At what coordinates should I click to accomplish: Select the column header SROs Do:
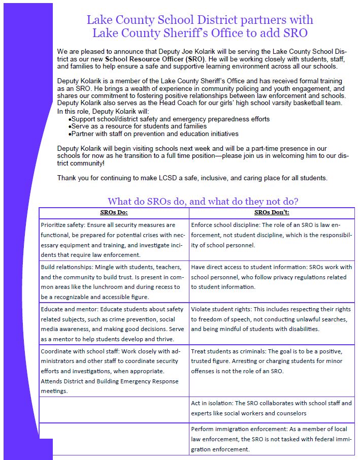click(x=114, y=212)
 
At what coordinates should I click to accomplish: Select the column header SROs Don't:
click(x=272, y=212)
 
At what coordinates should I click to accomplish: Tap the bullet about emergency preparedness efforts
click(x=170, y=119)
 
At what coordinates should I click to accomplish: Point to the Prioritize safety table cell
click(x=114, y=240)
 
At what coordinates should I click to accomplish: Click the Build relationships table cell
click(x=114, y=282)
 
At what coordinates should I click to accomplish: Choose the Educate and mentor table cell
click(x=114, y=323)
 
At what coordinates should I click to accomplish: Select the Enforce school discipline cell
click(x=272, y=235)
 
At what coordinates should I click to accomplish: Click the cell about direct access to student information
click(x=272, y=277)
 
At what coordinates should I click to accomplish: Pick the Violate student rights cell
click(x=272, y=319)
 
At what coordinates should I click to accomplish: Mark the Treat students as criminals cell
click(x=272, y=361)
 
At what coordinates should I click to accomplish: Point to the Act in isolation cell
click(x=272, y=408)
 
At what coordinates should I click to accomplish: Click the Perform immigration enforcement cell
click(x=272, y=439)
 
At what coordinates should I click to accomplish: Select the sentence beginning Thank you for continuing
click(x=192, y=178)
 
